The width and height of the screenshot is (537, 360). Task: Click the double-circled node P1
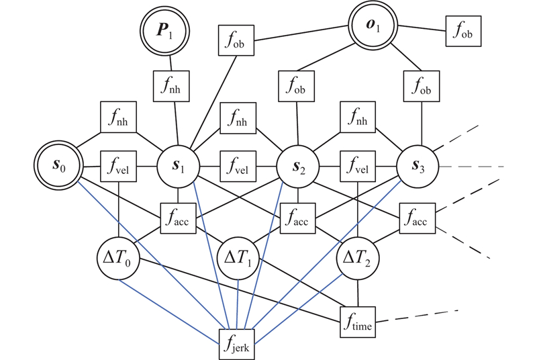164,30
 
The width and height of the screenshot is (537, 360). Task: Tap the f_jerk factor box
239,344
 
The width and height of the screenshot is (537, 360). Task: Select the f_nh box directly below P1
172,85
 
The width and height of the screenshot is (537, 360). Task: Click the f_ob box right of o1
463,30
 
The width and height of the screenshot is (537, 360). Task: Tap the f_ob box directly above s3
419,85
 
